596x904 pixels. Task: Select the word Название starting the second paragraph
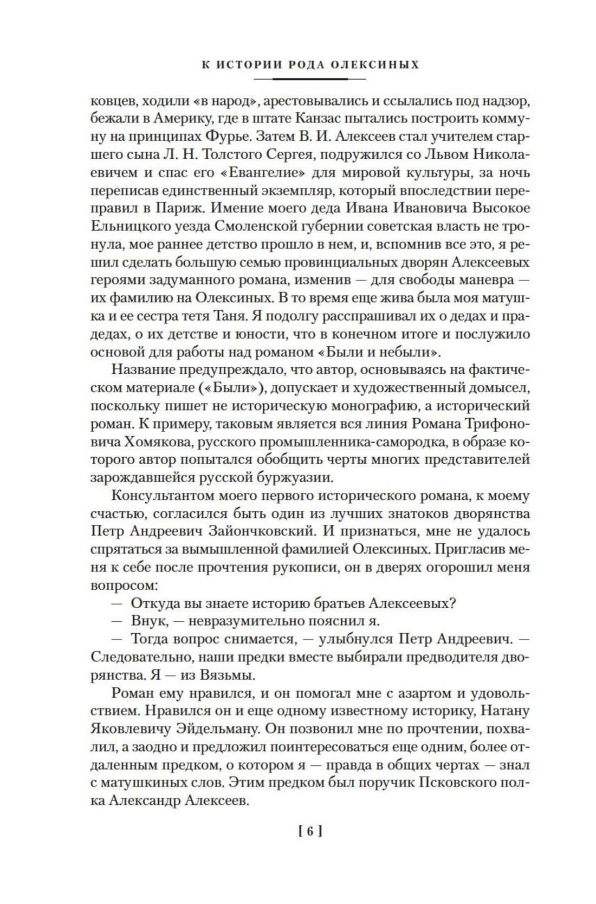pos(146,369)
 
